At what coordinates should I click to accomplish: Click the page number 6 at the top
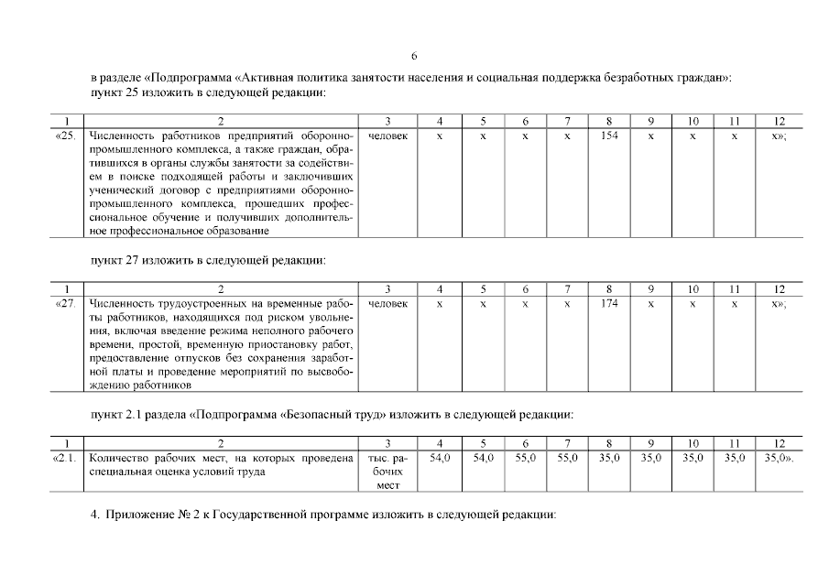pyautogui.click(x=414, y=55)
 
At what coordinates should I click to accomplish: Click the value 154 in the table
pyautogui.click(x=609, y=135)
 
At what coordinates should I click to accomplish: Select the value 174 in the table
pyautogui.click(x=609, y=302)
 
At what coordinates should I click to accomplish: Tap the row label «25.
pyautogui.click(x=66, y=135)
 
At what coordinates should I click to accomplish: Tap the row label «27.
pyautogui.click(x=66, y=302)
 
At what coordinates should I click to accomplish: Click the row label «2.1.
pyautogui.click(x=67, y=457)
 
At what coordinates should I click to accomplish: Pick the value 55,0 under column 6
pyautogui.click(x=525, y=457)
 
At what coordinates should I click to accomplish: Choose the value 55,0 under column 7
pyautogui.click(x=567, y=457)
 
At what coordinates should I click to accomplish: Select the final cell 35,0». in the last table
pyautogui.click(x=779, y=457)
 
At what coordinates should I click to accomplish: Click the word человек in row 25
pyautogui.click(x=387, y=135)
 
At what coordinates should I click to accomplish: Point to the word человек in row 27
pyautogui.click(x=387, y=302)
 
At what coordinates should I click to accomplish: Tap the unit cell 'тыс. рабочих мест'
pyautogui.click(x=387, y=471)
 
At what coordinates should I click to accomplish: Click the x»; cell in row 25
pyautogui.click(x=780, y=135)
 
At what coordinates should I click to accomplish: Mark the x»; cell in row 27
pyautogui.click(x=780, y=302)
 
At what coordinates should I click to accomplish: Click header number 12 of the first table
pyautogui.click(x=780, y=121)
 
